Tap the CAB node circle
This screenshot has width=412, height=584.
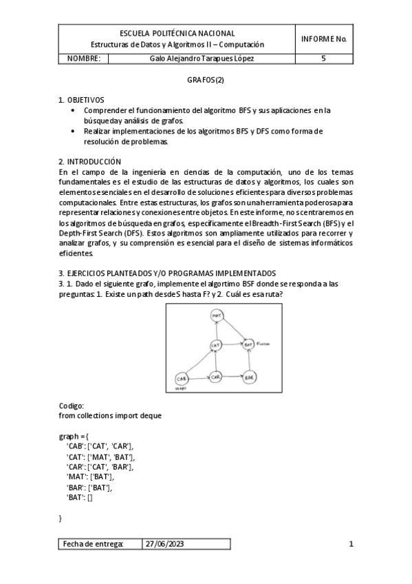pyautogui.click(x=182, y=378)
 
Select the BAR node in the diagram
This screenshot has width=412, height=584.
pyautogui.click(x=249, y=377)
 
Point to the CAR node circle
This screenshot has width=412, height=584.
pyautogui.click(x=215, y=377)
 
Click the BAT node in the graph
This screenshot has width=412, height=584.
pyautogui.click(x=248, y=342)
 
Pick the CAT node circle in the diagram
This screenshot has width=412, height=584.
pyautogui.click(x=215, y=344)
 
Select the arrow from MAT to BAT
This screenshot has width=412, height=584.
pyautogui.click(x=232, y=328)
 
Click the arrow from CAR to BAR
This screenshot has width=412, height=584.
pyautogui.click(x=232, y=377)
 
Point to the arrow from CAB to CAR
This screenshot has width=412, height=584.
pyautogui.click(x=199, y=378)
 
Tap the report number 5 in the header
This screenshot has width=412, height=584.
pyautogui.click(x=323, y=59)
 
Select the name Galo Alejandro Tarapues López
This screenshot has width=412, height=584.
pyautogui.click(x=201, y=59)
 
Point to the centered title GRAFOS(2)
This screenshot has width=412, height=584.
pyautogui.click(x=206, y=80)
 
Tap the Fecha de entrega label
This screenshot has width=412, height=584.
pyautogui.click(x=94, y=544)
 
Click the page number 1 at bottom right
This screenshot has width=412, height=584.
pyautogui.click(x=351, y=544)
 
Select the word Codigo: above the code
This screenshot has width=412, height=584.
pyautogui.click(x=72, y=406)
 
